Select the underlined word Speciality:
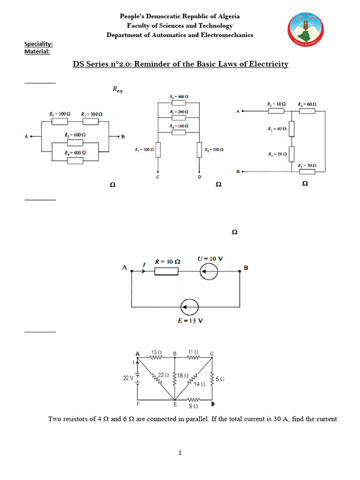click(38, 45)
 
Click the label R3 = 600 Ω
click(75, 135)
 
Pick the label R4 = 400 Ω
click(75, 153)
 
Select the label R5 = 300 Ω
click(214, 150)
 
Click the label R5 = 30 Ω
click(307, 165)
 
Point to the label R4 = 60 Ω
click(307, 104)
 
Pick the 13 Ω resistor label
click(156, 352)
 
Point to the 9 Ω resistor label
click(192, 407)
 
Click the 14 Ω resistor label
click(200, 383)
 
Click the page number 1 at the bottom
click(180, 453)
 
